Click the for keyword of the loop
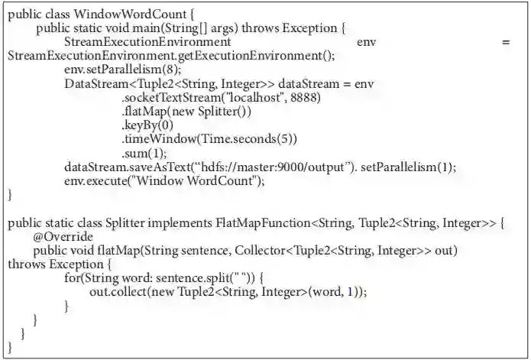pyautogui.click(x=73, y=279)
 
